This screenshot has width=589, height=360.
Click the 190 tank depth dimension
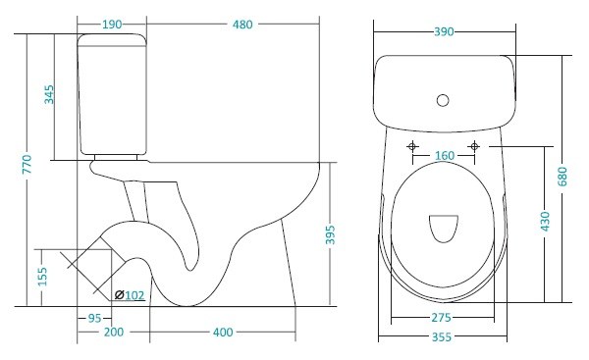point(112,25)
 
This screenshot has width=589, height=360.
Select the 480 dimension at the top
point(242,25)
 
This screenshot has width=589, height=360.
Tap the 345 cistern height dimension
point(49,94)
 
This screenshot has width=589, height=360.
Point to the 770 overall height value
point(27,164)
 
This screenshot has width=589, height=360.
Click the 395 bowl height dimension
point(330,234)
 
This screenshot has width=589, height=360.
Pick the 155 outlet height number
point(43,277)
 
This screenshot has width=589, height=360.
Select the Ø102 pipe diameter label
point(130,295)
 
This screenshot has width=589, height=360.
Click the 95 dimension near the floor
point(94,319)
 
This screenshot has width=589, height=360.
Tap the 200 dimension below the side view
point(114,332)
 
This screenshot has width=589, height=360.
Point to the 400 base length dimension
point(223,333)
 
